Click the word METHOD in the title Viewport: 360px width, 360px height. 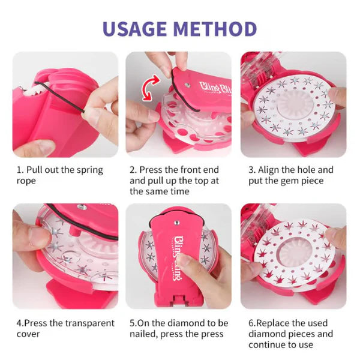[217, 28]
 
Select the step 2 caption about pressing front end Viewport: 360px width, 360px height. [175, 181]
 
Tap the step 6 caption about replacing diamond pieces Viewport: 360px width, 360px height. [290, 334]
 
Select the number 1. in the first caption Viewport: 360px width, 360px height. [19, 170]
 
